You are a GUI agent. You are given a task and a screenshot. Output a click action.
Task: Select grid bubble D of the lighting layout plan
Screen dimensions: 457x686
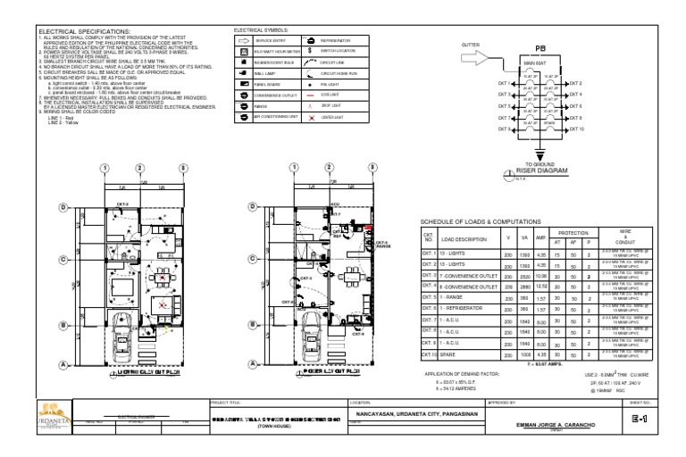(x=63, y=207)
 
